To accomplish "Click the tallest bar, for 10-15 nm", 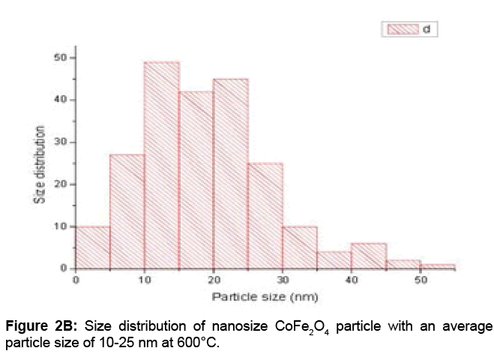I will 162,165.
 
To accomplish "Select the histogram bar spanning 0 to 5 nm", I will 93,247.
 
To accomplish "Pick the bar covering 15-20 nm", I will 196,180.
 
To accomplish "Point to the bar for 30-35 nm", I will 300,247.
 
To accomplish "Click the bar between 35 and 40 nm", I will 334,260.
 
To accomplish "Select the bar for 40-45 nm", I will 369,256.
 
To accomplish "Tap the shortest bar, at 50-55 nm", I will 438,266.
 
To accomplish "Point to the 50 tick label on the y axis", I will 61,58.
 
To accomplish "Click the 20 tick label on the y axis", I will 61,184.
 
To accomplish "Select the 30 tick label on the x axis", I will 283,280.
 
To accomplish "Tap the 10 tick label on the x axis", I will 145,280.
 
